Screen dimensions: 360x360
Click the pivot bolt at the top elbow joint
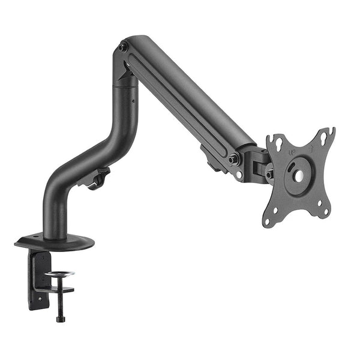(123, 47)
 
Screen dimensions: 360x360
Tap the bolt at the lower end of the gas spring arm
(233, 160)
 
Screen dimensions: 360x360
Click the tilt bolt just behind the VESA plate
(269, 174)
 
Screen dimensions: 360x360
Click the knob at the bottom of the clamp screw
(59, 317)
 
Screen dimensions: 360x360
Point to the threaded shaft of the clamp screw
(59, 297)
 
